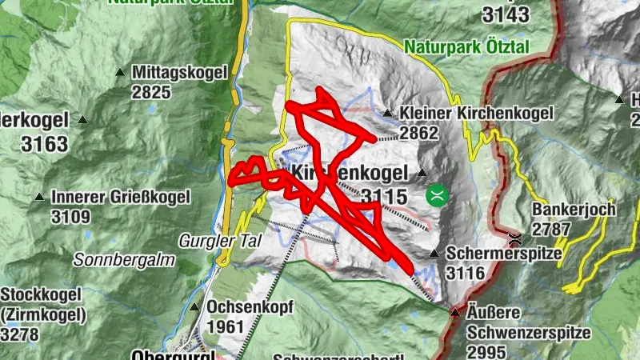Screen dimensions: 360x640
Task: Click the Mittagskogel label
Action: (182, 73)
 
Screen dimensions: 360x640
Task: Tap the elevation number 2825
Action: (152, 92)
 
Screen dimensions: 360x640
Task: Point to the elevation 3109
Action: (71, 216)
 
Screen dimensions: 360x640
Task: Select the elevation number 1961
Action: (226, 327)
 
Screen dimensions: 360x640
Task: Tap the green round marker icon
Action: (437, 194)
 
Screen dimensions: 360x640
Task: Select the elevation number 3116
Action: (466, 273)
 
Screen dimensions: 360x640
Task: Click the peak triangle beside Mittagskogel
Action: (120, 73)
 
